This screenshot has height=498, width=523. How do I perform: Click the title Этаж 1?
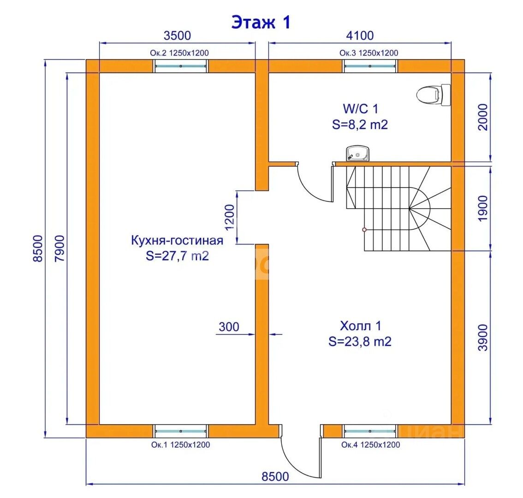(261, 22)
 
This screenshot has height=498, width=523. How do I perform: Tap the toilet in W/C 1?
(434, 95)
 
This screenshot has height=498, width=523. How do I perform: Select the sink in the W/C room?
(357, 154)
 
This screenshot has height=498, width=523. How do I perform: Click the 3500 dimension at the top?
(177, 36)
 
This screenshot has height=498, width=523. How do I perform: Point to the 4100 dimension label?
(360, 36)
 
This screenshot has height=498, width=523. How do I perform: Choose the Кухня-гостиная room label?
(177, 240)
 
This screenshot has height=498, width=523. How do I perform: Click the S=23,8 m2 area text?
(360, 342)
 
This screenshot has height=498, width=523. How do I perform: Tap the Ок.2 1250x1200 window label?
(179, 53)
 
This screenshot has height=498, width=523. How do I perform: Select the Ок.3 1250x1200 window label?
(369, 53)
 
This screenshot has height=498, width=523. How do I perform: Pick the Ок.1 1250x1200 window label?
(180, 445)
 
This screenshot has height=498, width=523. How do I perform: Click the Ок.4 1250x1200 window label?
(370, 445)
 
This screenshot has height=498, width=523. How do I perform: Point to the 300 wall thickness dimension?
(229, 327)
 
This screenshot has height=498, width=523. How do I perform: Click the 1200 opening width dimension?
(230, 218)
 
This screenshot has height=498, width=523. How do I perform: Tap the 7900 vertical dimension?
(59, 249)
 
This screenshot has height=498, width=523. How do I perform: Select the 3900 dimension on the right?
(483, 337)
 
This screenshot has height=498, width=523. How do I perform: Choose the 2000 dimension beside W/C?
(483, 117)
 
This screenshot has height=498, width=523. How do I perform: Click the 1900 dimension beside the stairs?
(483, 208)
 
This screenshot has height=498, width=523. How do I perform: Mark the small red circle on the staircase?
(364, 230)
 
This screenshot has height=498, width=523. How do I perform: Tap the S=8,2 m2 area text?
(360, 125)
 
